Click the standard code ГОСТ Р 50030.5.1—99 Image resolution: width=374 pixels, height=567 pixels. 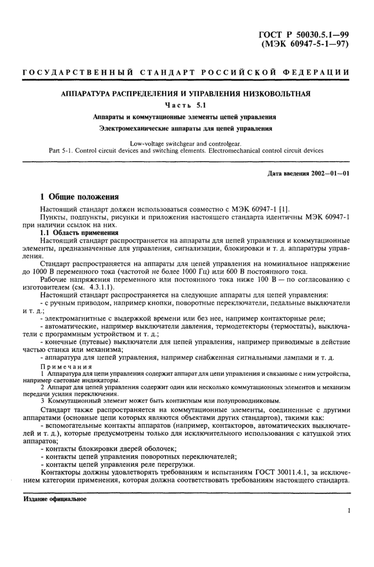[x=304, y=35]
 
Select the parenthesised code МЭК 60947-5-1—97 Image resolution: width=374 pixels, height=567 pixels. [x=306, y=44]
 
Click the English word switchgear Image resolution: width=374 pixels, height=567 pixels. [x=187, y=143]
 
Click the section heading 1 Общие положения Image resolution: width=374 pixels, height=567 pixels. [x=80, y=196]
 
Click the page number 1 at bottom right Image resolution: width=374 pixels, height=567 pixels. [x=348, y=511]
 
